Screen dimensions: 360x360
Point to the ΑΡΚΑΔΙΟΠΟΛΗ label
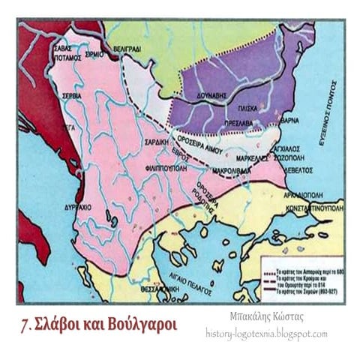pos(307,194)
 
